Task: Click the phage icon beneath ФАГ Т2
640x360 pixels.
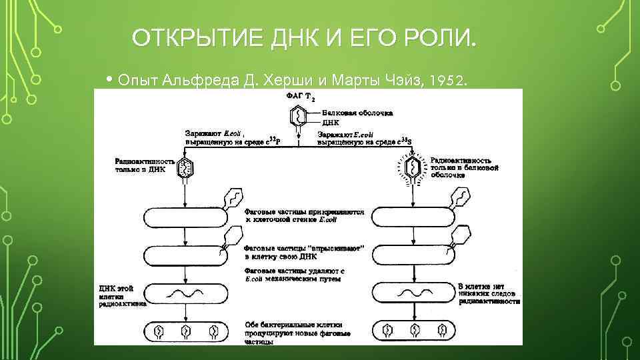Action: pos(297,117)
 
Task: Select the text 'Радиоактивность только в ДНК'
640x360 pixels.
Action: pos(145,165)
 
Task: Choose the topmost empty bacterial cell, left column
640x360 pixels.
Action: pos(185,217)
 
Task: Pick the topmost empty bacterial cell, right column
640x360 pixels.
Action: pos(413,217)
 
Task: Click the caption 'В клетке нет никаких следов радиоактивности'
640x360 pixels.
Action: pos(489,293)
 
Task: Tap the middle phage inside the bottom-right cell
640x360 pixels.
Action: pos(413,329)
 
